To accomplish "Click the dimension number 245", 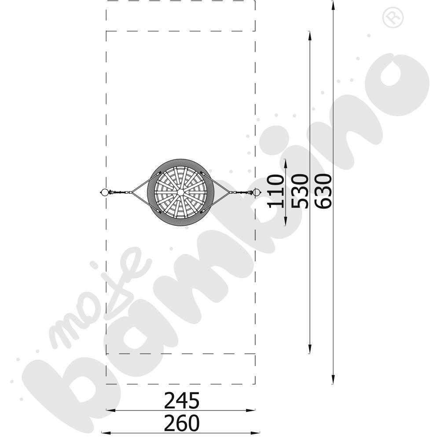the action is (x=182, y=401).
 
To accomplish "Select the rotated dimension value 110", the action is (x=275, y=191).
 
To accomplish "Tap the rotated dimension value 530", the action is (x=299, y=191).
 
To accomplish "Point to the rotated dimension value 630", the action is (x=323, y=191).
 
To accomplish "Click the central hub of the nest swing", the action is (x=180, y=193).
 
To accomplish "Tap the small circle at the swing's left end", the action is (x=104, y=193).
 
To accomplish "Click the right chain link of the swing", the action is (x=241, y=193).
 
